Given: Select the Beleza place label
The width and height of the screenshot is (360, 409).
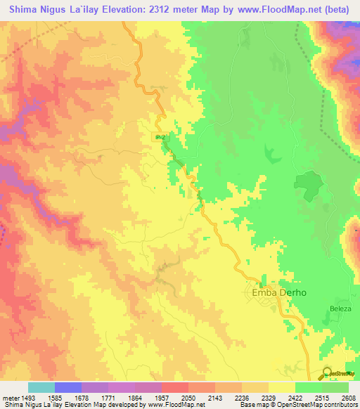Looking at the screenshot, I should pyautogui.click(x=340, y=309).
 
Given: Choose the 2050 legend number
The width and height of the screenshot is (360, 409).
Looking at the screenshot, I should pyautogui.click(x=188, y=397).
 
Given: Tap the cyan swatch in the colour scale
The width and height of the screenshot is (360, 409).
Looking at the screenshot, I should pyautogui.click(x=41, y=387).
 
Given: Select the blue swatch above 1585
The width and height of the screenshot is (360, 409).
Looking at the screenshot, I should pyautogui.click(x=68, y=387).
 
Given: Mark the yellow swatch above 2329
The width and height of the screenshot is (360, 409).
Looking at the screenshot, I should pyautogui.click(x=281, y=387).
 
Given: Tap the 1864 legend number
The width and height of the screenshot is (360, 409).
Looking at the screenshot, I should pyautogui.click(x=134, y=397).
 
